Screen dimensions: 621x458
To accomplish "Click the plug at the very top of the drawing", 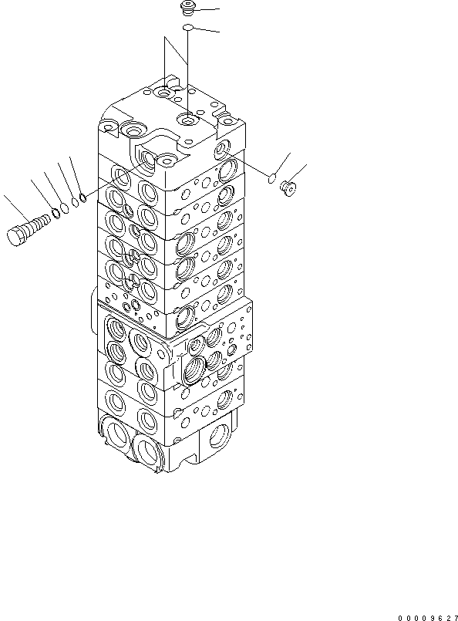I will [187, 8].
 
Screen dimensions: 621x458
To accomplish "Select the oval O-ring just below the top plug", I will [188, 29].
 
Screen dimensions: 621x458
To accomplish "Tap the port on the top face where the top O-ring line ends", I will [188, 120].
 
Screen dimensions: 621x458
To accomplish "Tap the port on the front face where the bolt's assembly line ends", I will [165, 162].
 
